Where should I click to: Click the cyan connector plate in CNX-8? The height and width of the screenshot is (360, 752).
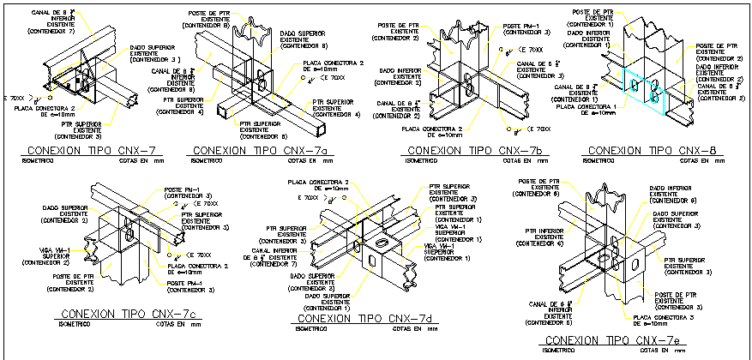(x=643, y=88)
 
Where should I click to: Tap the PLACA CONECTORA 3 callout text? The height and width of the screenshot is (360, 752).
(x=660, y=319)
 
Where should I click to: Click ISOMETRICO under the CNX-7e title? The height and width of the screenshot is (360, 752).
(x=559, y=351)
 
